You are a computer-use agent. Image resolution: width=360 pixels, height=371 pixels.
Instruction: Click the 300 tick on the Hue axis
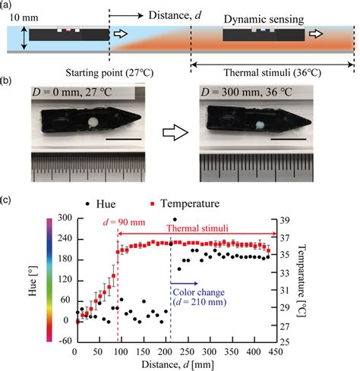(x=63, y=219)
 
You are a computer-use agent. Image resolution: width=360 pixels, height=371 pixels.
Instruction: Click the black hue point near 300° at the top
(x=175, y=219)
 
